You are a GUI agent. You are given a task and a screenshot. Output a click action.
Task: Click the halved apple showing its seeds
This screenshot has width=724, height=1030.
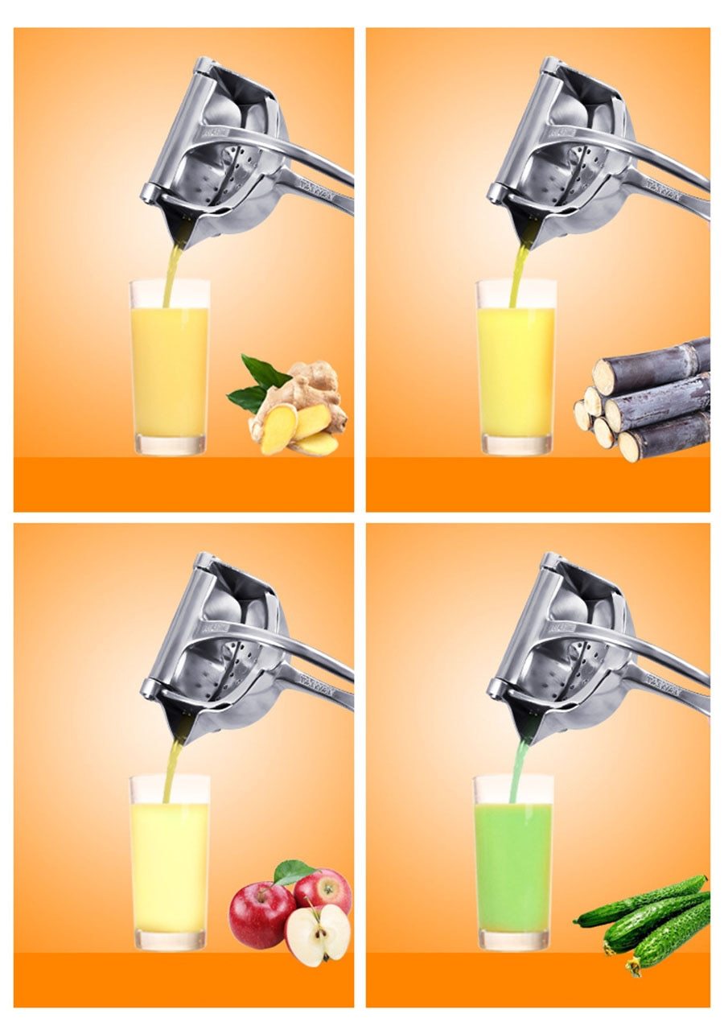pyautogui.click(x=318, y=934)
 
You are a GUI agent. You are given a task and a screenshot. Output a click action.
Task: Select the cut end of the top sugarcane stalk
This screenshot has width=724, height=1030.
pyautogui.click(x=604, y=377)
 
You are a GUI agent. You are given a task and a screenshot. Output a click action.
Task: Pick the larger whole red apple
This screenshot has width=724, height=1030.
pyautogui.click(x=261, y=913)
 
